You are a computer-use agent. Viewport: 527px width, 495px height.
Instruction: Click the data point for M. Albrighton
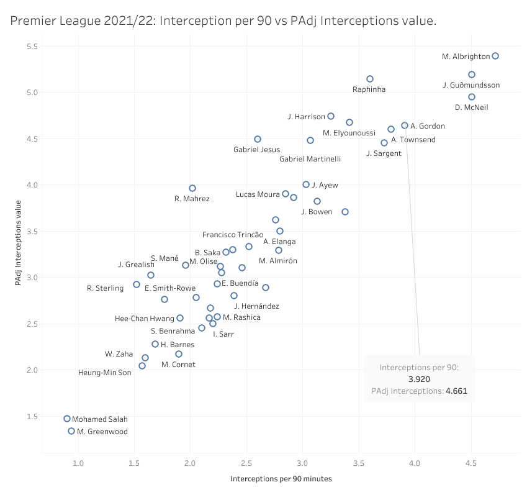pyautogui.click(x=495, y=56)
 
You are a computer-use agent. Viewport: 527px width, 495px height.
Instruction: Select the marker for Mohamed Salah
pyautogui.click(x=67, y=419)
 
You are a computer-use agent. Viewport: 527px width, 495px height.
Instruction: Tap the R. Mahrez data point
pyautogui.click(x=192, y=188)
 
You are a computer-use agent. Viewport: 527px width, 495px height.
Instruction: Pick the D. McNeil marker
pyautogui.click(x=472, y=97)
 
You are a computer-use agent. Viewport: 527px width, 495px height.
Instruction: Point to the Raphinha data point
pyautogui.click(x=370, y=79)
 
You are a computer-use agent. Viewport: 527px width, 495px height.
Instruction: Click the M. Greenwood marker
pyautogui.click(x=71, y=431)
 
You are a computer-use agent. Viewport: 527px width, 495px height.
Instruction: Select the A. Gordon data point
pyautogui.click(x=405, y=125)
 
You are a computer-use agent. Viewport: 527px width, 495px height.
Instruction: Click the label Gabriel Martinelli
pyautogui.click(x=310, y=159)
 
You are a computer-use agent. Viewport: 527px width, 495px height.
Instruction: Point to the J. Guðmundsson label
pyautogui.click(x=471, y=85)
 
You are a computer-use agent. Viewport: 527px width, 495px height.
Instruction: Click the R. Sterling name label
pyautogui.click(x=105, y=288)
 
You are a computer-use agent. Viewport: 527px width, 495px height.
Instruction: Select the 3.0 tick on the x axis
pyautogui.click(x=302, y=463)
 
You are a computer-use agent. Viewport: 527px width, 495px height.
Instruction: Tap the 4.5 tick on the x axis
pyautogui.click(x=471, y=463)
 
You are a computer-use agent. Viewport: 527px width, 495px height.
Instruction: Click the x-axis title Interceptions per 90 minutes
pyautogui.click(x=281, y=479)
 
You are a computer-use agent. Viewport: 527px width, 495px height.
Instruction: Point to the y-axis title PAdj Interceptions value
pyautogui.click(x=20, y=243)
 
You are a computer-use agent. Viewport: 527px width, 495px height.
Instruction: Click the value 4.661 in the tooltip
pyautogui.click(x=456, y=391)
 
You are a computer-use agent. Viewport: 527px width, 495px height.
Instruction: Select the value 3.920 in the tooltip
pyautogui.click(x=419, y=379)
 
